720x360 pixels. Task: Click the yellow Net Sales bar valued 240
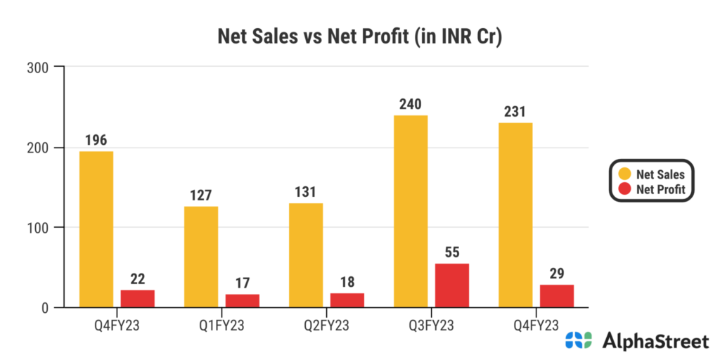point(411,211)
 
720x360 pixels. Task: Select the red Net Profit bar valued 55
point(452,285)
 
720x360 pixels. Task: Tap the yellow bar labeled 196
point(96,229)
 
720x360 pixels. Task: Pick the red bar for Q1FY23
point(243,300)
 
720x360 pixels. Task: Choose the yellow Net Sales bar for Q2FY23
point(306,255)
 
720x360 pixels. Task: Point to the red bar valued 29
point(557,295)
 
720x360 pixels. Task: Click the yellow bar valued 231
point(515,214)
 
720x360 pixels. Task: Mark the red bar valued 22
point(138,298)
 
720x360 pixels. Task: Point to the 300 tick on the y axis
point(37,67)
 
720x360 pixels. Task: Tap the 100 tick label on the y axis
point(37,228)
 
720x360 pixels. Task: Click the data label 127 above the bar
point(201,195)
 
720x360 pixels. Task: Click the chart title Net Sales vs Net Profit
point(359,37)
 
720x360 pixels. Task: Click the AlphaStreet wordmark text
point(655,342)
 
